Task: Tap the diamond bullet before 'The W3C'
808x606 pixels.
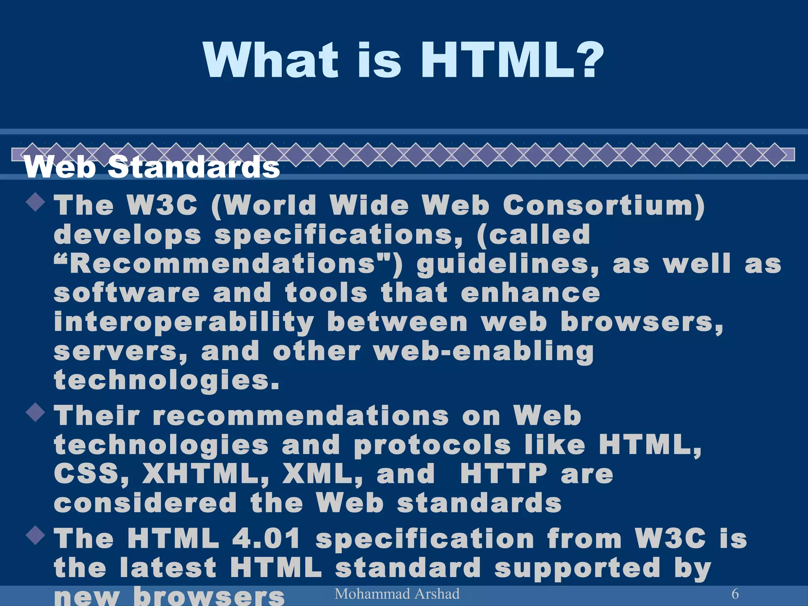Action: click(36, 202)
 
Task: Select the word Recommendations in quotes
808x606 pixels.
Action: click(223, 264)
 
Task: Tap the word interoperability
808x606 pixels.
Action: click(184, 323)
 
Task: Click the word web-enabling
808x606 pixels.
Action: click(484, 352)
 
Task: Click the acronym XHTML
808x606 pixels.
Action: click(206, 473)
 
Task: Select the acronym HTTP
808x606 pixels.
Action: click(503, 473)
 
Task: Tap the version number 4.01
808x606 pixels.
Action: click(266, 539)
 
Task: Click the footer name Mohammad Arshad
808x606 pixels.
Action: click(397, 594)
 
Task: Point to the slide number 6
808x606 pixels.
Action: click(735, 594)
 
